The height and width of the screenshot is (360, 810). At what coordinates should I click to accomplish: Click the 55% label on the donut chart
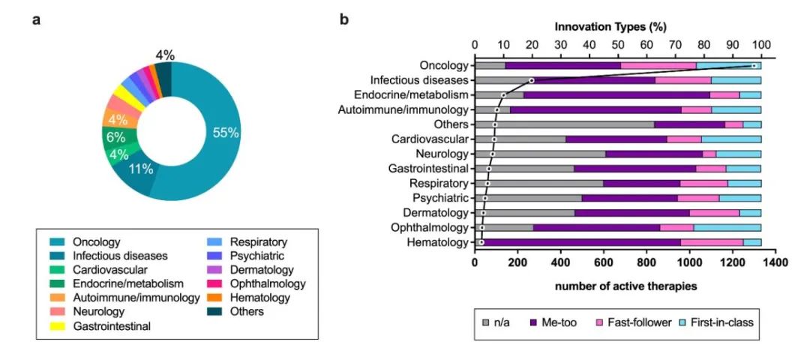226,133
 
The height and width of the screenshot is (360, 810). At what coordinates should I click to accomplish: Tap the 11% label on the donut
141,169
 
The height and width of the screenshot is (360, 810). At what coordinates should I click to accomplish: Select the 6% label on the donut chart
116,137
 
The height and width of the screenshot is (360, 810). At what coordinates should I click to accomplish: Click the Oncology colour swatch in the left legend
57,241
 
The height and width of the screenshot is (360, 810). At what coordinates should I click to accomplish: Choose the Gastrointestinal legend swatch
57,326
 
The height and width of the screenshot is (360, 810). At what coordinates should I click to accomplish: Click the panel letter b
344,21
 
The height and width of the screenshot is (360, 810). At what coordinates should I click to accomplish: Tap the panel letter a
36,21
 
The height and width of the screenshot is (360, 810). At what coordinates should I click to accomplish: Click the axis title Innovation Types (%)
610,26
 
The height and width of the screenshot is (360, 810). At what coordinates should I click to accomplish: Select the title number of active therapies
618,284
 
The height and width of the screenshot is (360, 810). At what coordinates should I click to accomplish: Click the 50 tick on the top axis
618,44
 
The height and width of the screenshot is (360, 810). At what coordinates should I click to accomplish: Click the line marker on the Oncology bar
754,65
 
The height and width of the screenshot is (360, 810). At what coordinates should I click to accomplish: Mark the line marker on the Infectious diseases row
532,80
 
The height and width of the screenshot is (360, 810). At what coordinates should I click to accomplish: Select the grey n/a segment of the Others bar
564,124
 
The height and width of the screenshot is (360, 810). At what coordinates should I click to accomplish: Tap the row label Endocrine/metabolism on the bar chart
411,95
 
